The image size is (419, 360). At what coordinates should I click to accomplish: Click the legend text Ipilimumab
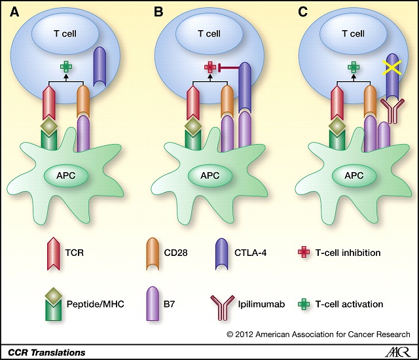[261, 304]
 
